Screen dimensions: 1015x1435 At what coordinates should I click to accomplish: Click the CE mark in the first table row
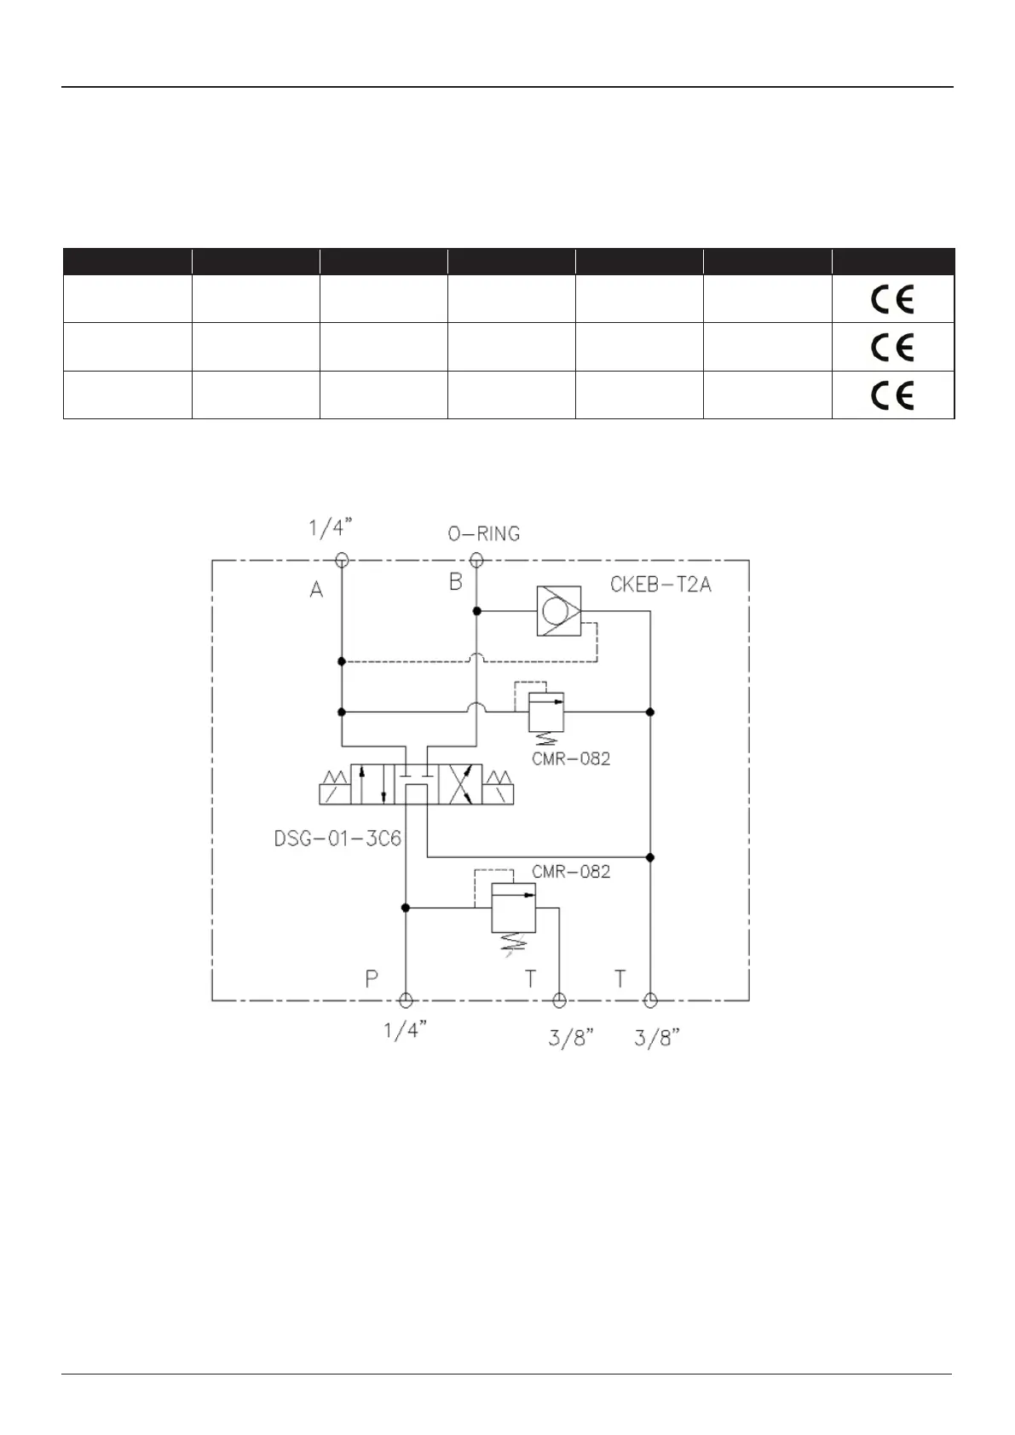click(891, 299)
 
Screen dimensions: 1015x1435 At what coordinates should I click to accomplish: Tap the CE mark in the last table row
click(891, 395)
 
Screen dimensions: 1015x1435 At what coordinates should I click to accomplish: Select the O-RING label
click(484, 534)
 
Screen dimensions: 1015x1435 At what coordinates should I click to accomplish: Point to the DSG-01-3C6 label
click(337, 839)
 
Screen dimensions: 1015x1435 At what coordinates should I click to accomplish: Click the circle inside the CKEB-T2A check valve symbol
click(555, 611)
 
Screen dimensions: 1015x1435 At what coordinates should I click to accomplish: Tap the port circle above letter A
click(342, 560)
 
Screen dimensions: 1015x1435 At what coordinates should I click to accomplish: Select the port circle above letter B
click(476, 560)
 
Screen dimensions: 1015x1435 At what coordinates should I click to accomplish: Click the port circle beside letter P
click(406, 1000)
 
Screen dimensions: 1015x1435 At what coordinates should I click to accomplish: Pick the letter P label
click(372, 979)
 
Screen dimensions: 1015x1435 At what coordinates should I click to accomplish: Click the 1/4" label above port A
click(331, 528)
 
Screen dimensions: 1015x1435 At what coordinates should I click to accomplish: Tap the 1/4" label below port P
click(405, 1031)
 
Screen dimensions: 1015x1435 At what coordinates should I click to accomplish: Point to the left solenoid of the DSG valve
click(333, 786)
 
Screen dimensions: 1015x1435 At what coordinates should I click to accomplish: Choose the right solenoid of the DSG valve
click(499, 786)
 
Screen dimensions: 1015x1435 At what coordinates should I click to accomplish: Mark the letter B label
click(456, 582)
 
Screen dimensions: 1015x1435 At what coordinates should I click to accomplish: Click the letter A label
click(316, 589)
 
